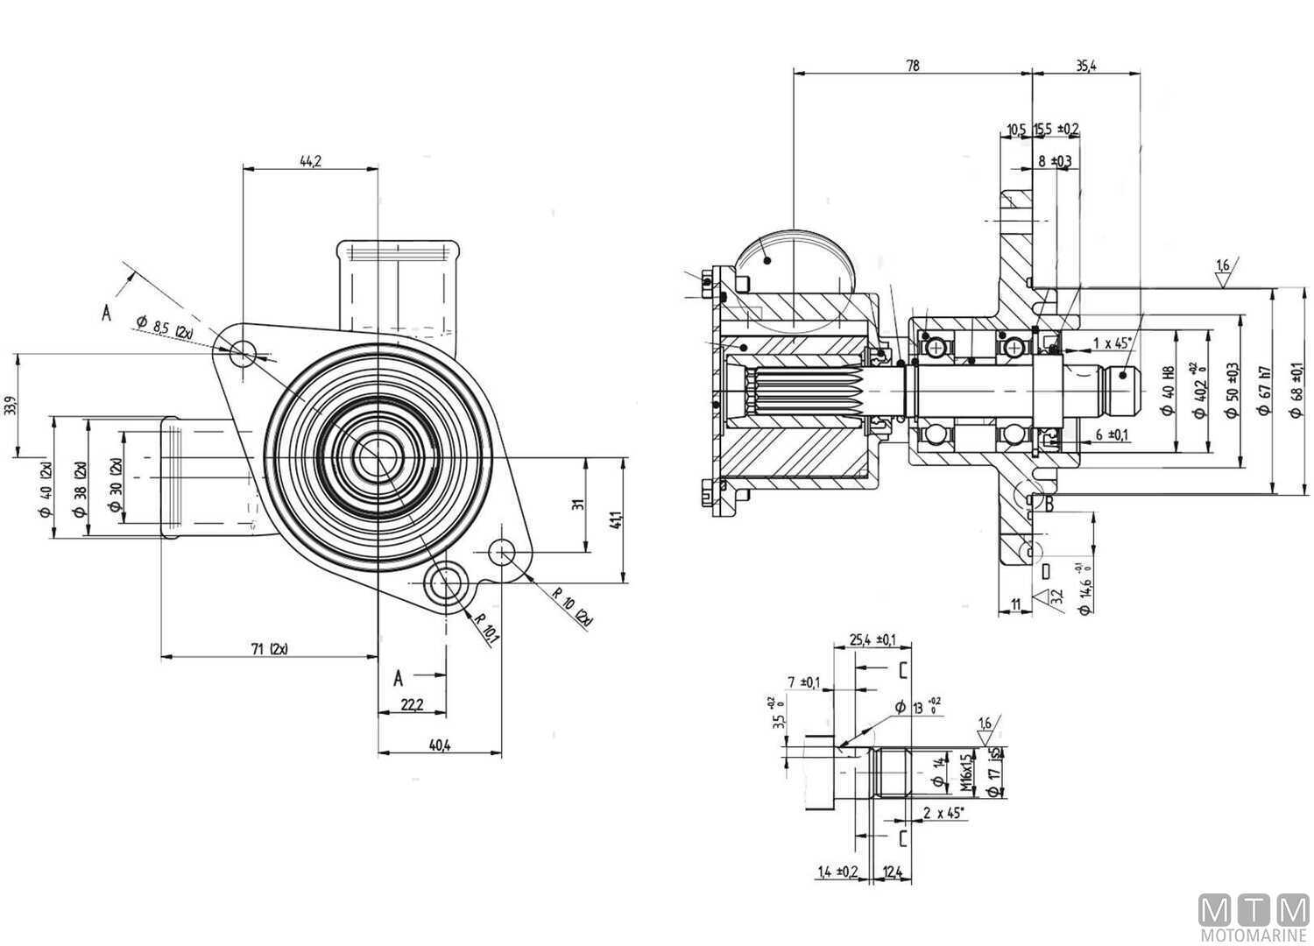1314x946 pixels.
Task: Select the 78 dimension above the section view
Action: [912, 65]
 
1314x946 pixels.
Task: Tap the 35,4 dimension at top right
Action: [1085, 65]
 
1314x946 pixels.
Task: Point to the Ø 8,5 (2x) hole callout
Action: [166, 329]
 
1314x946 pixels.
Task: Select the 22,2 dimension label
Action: [411, 704]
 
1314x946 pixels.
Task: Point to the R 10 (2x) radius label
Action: [572, 605]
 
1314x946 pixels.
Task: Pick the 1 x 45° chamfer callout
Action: [1112, 342]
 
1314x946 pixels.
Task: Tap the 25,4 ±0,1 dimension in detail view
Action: [872, 640]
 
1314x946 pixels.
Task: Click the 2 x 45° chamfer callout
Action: [943, 814]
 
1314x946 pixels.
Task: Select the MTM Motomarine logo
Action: [1254, 919]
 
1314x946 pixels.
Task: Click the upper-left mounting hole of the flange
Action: [244, 354]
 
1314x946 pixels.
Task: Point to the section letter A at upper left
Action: [107, 313]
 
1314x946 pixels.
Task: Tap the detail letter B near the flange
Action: [1048, 503]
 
